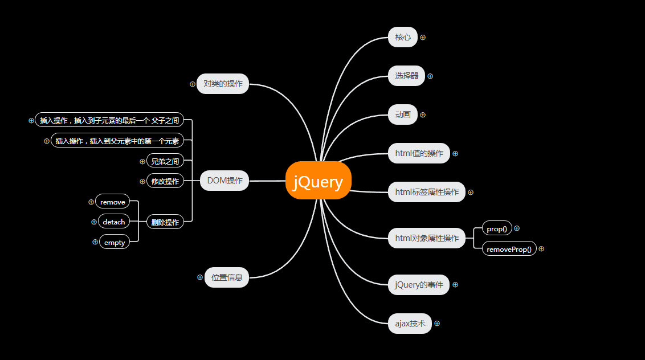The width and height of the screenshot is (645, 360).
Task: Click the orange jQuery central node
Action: [x=318, y=181]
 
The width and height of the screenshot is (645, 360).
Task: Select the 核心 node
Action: [x=403, y=38]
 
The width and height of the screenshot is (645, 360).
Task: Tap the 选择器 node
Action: [x=407, y=76]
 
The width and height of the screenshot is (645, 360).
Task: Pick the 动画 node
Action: [x=403, y=114]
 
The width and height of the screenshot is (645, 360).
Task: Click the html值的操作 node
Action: [x=419, y=153]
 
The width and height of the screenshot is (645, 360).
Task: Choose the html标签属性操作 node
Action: [x=427, y=192]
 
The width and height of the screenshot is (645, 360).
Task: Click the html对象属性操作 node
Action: [x=427, y=238]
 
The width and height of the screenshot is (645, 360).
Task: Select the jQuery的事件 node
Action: [x=419, y=285]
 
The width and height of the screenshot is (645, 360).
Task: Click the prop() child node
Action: [x=497, y=229]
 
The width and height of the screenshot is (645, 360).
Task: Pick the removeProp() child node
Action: [x=509, y=249]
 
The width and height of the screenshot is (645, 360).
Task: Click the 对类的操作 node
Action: [x=223, y=84]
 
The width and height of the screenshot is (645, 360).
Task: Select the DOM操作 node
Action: [x=224, y=181]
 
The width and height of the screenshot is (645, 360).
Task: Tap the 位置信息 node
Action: [x=227, y=277]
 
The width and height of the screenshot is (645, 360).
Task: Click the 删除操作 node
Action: [x=165, y=222]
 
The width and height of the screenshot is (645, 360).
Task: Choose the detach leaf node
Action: [x=114, y=222]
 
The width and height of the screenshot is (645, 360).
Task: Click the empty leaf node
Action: [x=115, y=242]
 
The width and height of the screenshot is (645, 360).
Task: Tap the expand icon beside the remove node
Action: [x=91, y=202]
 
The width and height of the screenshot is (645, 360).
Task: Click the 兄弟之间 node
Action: [x=165, y=161]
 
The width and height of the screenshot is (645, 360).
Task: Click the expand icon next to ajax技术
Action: [x=437, y=323]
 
